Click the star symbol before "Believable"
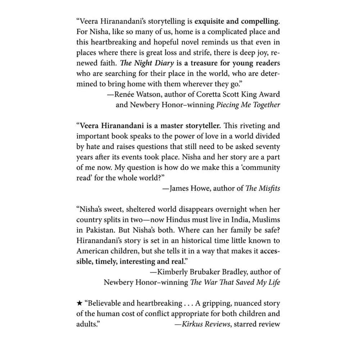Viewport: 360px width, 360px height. pyautogui.click(x=80, y=303)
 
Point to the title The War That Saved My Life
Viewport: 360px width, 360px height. pyautogui.click(x=235, y=282)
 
